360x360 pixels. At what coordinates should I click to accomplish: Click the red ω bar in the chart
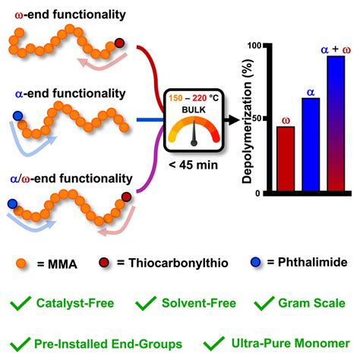(x=286, y=159)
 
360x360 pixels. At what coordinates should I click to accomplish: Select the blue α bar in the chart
(x=311, y=145)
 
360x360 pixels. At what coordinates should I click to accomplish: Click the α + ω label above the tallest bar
(x=335, y=49)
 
